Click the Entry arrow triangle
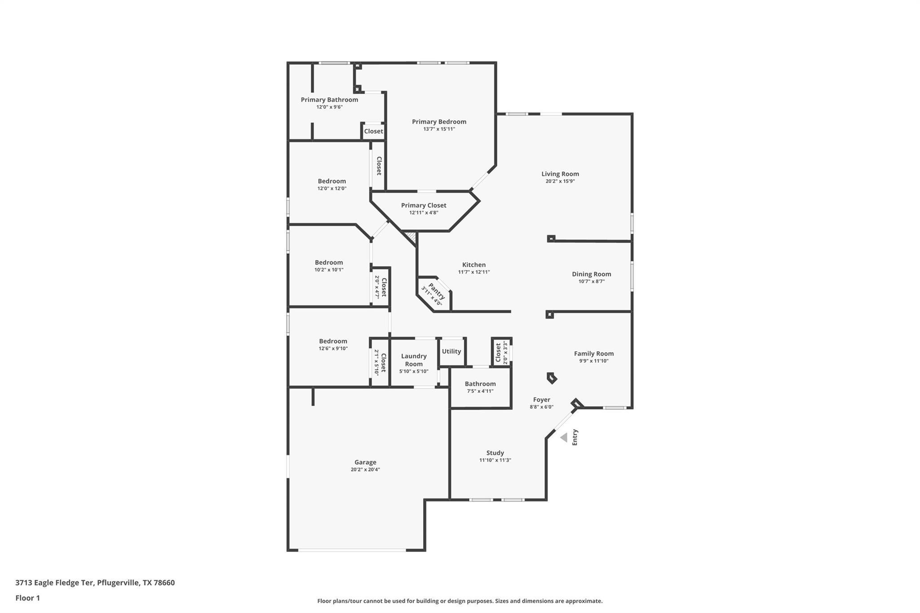tap(564, 437)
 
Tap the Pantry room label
tap(437, 291)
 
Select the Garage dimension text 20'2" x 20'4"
tap(365, 470)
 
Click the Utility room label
tap(451, 351)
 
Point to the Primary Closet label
tap(424, 205)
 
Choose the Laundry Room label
tap(414, 360)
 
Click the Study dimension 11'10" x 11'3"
tap(495, 460)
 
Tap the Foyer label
tap(541, 400)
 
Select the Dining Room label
tap(591, 274)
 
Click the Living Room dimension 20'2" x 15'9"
tap(560, 181)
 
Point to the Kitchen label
tap(474, 265)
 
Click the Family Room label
tap(593, 353)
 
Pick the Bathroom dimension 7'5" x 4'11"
tap(480, 391)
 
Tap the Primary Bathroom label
tap(329, 100)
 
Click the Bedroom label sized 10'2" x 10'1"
tap(329, 262)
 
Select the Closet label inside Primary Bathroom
tap(373, 131)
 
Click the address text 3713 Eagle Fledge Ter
tap(54, 582)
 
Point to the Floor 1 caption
tap(27, 598)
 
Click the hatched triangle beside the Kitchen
tap(411, 236)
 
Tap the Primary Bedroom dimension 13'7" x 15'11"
tap(439, 129)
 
